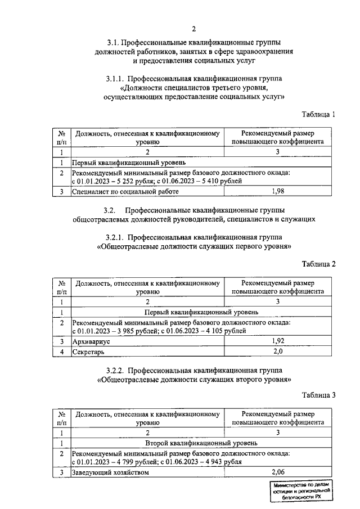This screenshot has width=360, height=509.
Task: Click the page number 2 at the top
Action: coord(193,29)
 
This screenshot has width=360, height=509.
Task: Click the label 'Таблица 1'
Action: coord(318,114)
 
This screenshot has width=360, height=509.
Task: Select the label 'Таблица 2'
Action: coord(318,264)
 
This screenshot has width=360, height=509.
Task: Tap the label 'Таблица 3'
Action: coord(318,394)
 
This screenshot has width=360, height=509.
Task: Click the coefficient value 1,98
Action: coord(278,192)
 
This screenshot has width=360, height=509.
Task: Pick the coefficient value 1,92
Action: coord(278,341)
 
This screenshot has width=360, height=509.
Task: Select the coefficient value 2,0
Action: coord(278,352)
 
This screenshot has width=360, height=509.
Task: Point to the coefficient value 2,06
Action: coord(278,472)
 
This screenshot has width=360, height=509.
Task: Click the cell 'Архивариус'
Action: coord(89,341)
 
